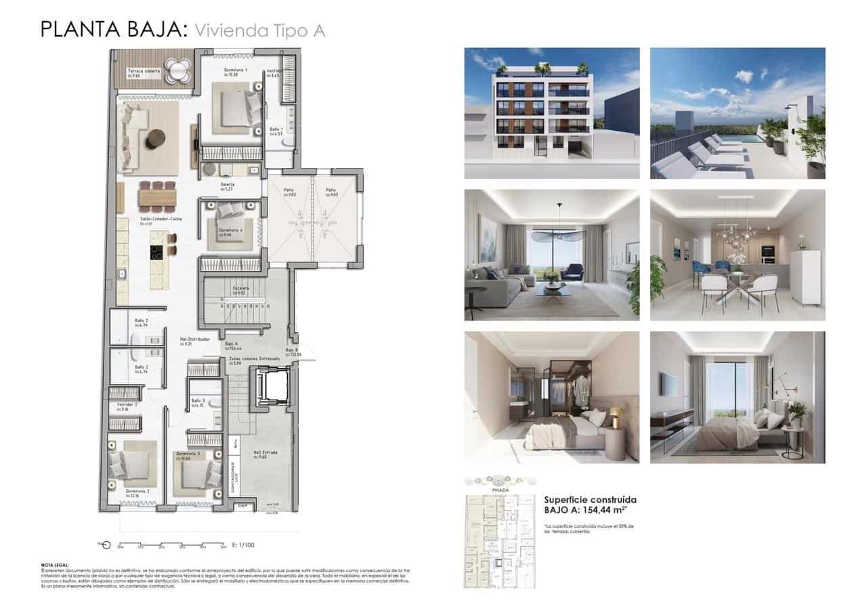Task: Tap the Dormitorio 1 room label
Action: [236, 70]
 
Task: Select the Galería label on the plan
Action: [227, 184]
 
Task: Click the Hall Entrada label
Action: [245, 453]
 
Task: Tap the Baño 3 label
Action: [197, 401]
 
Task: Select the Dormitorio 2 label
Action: [138, 490]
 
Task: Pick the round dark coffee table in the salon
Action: [156, 139]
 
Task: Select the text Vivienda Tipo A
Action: [259, 30]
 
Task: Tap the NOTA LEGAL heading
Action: [55, 564]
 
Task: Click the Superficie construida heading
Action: [590, 500]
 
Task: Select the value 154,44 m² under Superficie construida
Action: [614, 512]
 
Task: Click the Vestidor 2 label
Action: [127, 404]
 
